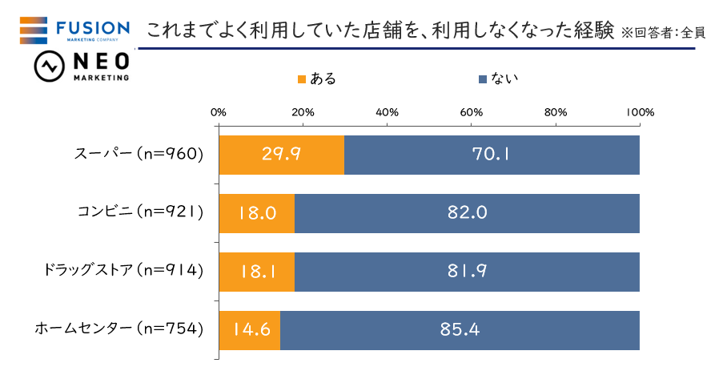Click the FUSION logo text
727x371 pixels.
[x=94, y=30]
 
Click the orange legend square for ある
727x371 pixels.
[x=302, y=79]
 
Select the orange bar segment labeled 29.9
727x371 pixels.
[x=281, y=155]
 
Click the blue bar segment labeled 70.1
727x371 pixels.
[x=492, y=155]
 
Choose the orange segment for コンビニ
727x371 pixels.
[x=256, y=213]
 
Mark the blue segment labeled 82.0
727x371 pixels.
[x=467, y=213]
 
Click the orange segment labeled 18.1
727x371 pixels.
[x=256, y=272]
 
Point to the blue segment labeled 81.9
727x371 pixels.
[x=467, y=272]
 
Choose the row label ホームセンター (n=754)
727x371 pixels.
[x=118, y=329]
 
